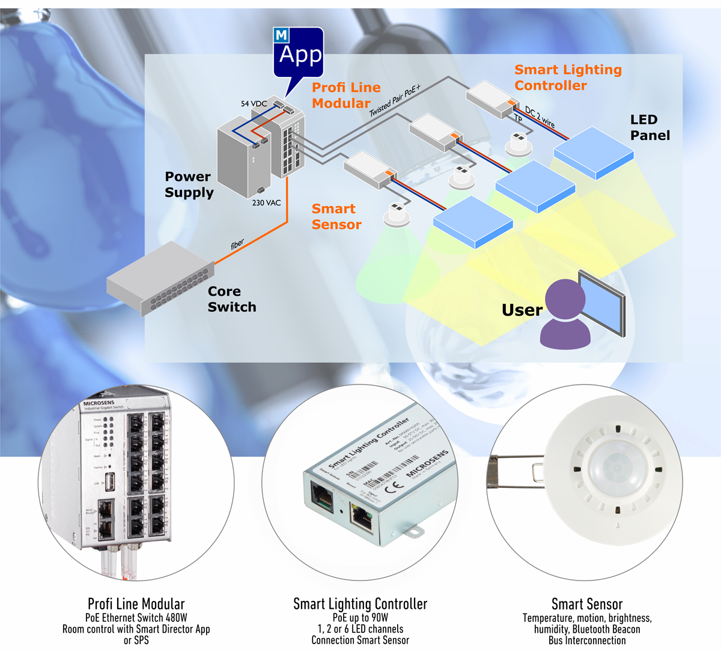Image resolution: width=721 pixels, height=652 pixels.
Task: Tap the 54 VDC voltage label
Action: pyautogui.click(x=254, y=104)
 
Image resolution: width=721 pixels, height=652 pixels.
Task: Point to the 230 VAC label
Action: pyautogui.click(x=266, y=203)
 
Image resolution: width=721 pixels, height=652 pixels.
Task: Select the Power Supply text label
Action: pyautogui.click(x=189, y=184)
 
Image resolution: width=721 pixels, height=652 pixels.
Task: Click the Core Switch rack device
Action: pyautogui.click(x=160, y=279)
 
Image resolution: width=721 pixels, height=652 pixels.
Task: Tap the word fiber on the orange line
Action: pyautogui.click(x=237, y=244)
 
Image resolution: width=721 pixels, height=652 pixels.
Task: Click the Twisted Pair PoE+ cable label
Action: pyautogui.click(x=395, y=100)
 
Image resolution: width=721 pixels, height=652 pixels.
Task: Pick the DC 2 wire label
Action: pyautogui.click(x=540, y=117)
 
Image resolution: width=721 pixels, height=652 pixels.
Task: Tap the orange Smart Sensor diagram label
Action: pyautogui.click(x=336, y=217)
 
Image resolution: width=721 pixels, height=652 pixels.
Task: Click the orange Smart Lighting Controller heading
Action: pyautogui.click(x=567, y=78)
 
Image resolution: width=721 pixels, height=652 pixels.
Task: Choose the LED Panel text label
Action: pyautogui.click(x=650, y=127)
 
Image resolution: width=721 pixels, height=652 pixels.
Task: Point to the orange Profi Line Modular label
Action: pyautogui.click(x=345, y=96)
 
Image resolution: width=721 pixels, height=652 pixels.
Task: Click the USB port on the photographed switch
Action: pyautogui.click(x=111, y=482)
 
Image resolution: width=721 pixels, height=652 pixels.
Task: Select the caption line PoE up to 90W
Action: pyautogui.click(x=360, y=617)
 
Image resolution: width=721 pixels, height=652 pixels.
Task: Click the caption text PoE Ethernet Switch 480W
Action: pyautogui.click(x=136, y=617)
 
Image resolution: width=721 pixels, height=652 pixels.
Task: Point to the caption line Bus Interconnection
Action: pyautogui.click(x=586, y=641)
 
